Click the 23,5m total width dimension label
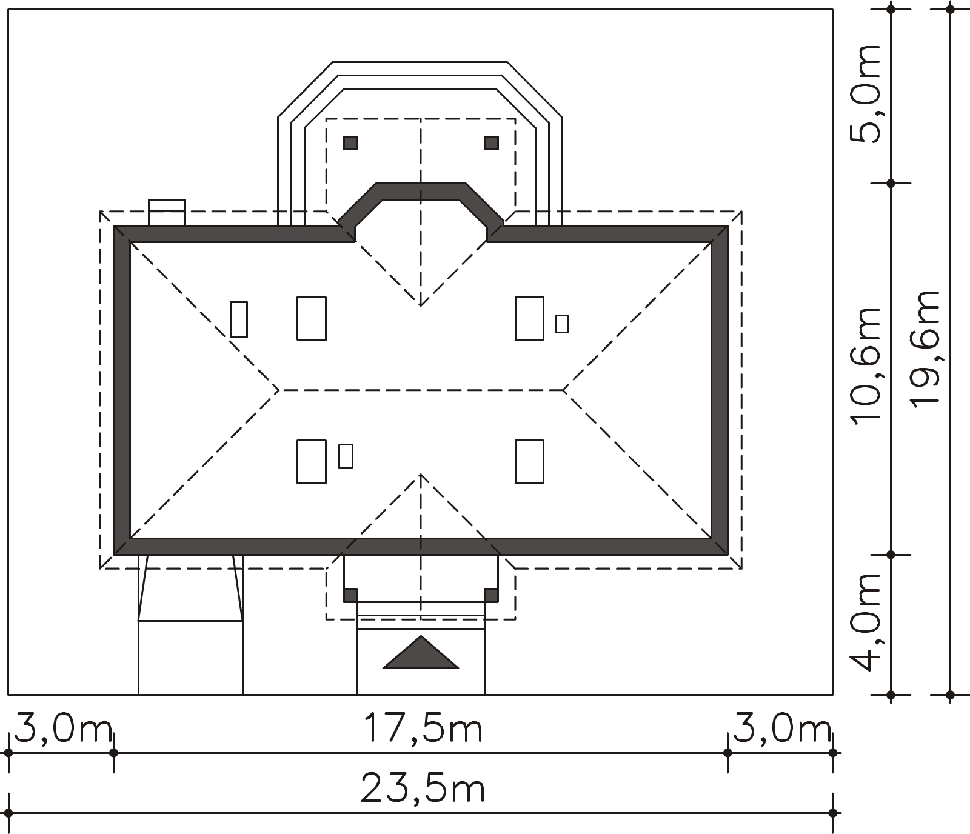[x=423, y=789]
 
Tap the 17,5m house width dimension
[x=423, y=728]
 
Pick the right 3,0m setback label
[x=781, y=728]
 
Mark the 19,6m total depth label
[x=925, y=349]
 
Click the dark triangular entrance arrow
[x=421, y=653]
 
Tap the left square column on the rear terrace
[x=350, y=143]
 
